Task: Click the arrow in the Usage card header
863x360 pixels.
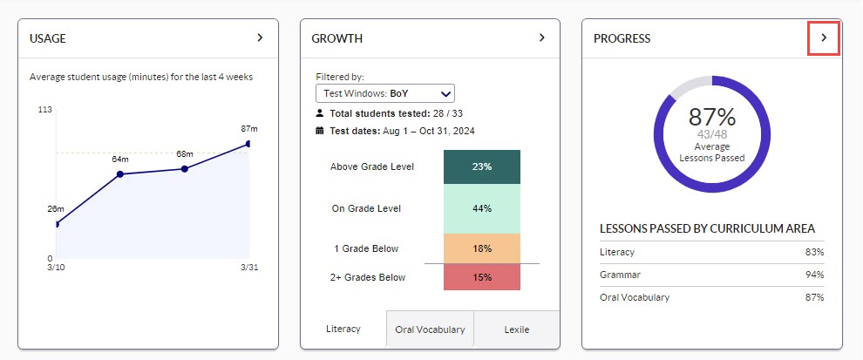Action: pos(260,38)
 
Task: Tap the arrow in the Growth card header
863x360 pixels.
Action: pos(541,38)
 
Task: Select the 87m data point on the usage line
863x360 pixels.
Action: pos(249,144)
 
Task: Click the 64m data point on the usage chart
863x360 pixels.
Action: pos(120,174)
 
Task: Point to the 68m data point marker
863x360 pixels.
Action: pos(185,168)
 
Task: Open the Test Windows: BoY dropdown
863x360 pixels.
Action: pos(384,93)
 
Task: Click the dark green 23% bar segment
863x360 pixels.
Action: pos(482,166)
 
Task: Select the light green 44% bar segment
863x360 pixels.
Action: pos(482,208)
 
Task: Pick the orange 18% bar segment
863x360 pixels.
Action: pos(482,248)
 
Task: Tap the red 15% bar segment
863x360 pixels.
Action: pos(482,277)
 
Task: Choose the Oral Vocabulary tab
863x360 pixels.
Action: pos(430,329)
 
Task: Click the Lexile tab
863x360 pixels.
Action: pos(517,329)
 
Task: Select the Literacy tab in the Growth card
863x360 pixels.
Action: pos(343,329)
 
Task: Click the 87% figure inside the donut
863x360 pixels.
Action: pos(712,118)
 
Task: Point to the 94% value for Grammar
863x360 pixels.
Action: pos(813,275)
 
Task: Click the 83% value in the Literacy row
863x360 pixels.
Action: pos(813,252)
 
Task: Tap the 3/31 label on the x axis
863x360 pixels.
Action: pos(249,267)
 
